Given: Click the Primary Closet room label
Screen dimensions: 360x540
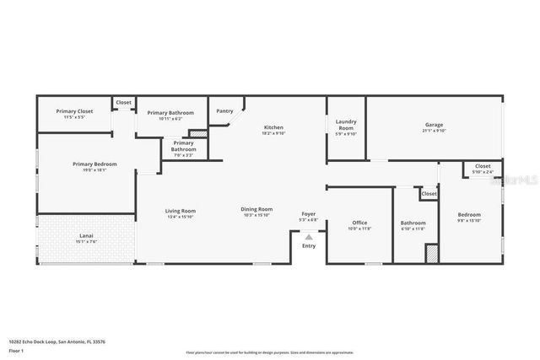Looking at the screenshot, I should (x=74, y=111).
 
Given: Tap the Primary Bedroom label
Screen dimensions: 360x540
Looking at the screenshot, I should (x=94, y=164).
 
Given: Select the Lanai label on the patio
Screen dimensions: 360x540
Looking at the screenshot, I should (x=86, y=235).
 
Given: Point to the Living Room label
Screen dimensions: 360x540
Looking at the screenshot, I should (x=180, y=211).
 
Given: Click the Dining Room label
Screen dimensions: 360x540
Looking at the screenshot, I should (x=257, y=209).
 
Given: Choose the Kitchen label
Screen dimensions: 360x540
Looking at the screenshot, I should (x=273, y=126).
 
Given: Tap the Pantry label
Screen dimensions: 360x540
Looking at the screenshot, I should (x=224, y=111).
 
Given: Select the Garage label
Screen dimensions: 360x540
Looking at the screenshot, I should (x=434, y=125).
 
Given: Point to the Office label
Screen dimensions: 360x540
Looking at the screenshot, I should (x=359, y=223).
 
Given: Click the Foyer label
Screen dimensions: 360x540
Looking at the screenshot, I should (x=309, y=214).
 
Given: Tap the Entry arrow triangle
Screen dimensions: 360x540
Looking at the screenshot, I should (x=309, y=238).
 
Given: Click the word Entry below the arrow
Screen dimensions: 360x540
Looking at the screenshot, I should (x=309, y=246).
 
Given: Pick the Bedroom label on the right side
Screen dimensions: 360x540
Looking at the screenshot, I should (x=469, y=214).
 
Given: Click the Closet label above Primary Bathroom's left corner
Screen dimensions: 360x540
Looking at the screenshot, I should (x=124, y=102).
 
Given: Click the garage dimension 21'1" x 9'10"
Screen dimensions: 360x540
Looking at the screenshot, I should (x=434, y=131).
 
